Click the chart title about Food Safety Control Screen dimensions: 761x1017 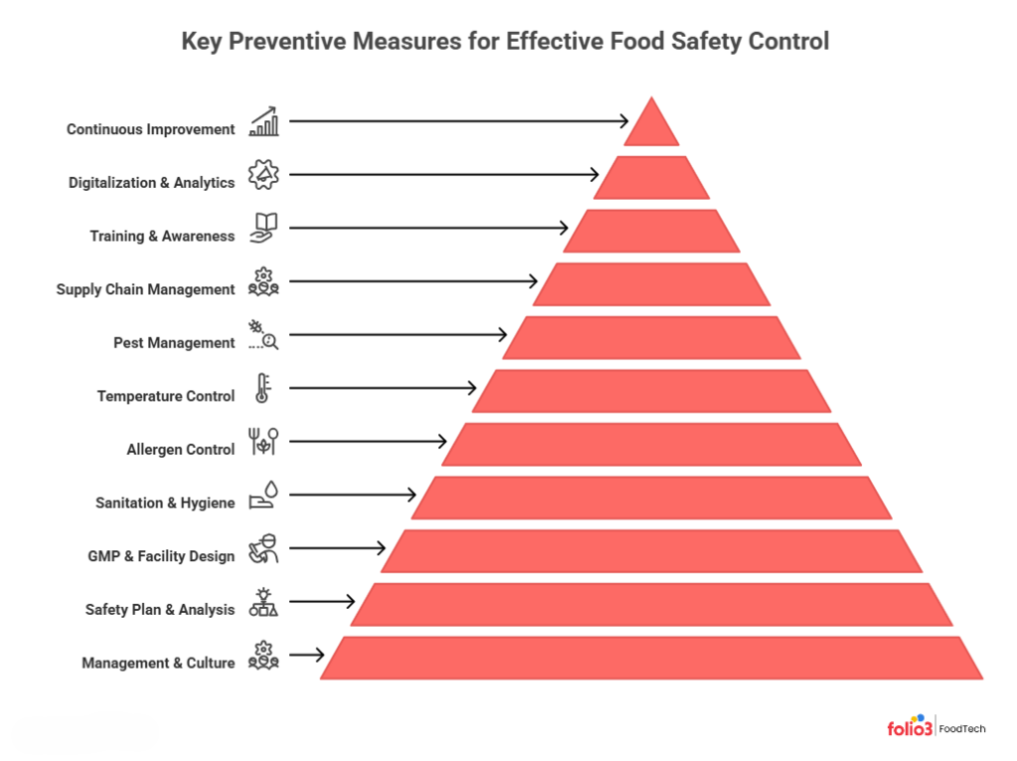pos(505,42)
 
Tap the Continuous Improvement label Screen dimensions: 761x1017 pos(151,129)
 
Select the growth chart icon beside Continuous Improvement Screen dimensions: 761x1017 pos(264,123)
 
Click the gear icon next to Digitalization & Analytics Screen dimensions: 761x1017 pos(264,175)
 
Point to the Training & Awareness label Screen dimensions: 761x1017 pos(163,236)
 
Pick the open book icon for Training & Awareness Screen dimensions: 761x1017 pos(264,228)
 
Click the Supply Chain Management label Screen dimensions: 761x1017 pos(146,290)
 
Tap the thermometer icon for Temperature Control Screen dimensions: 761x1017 pos(262,387)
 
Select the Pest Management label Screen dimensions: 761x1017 pos(175,343)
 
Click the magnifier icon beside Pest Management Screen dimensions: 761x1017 pos(269,342)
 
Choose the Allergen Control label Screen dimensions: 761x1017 pos(181,449)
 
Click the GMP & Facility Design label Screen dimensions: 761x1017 pos(162,556)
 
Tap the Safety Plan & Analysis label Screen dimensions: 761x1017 pos(160,609)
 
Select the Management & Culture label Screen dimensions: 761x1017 pos(159,663)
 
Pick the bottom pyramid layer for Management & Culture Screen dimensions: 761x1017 pos(652,658)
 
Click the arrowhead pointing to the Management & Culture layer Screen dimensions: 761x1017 pos(320,655)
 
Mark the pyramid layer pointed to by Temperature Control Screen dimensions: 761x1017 pos(652,390)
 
